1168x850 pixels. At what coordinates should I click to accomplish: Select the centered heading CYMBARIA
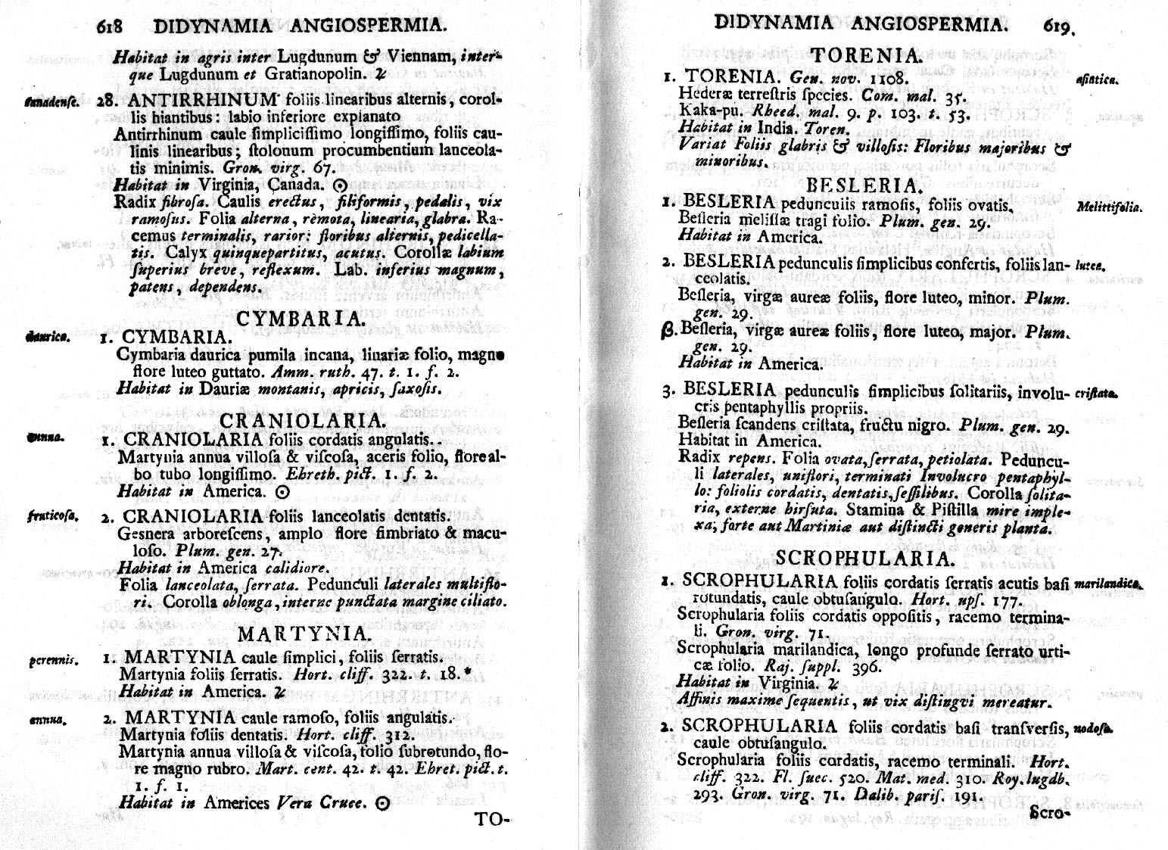301,319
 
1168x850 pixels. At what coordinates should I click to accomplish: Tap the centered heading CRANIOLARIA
303,421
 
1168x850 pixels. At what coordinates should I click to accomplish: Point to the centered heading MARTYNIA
303,634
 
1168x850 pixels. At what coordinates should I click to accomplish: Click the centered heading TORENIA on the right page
865,55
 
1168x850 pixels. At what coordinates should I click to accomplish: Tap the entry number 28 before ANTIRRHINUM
106,101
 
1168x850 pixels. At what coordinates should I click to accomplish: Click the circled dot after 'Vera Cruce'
382,805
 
